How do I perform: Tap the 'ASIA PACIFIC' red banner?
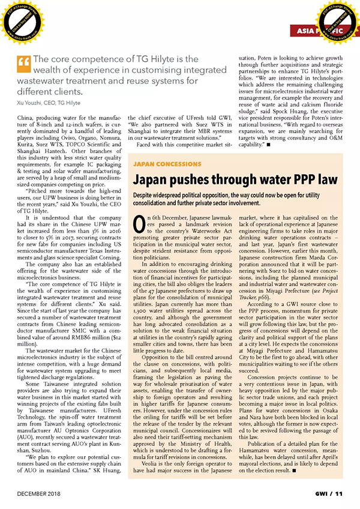[x=322, y=29]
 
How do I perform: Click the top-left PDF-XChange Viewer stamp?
[x=21, y=22]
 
